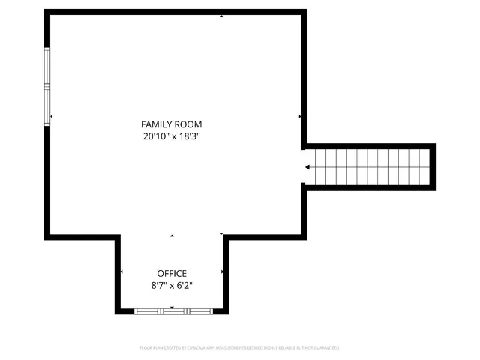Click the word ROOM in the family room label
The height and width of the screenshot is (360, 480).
[x=188, y=124]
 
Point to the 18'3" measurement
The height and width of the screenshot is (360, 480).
[x=190, y=136]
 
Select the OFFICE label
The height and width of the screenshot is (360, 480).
[x=172, y=274]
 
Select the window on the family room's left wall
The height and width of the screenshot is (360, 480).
[x=47, y=85]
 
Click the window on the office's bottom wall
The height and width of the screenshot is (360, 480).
[x=172, y=310]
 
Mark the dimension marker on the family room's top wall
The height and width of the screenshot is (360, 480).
[x=221, y=16]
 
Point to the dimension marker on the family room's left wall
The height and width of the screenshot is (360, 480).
[x=52, y=117]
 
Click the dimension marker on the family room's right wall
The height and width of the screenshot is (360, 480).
[x=300, y=117]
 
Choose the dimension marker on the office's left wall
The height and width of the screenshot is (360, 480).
[x=121, y=271]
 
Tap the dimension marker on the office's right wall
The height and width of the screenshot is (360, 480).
[x=222, y=271]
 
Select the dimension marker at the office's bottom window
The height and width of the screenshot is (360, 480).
[x=172, y=307]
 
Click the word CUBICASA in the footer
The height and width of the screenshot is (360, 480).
[x=197, y=348]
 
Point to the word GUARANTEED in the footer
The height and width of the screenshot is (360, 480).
[x=325, y=348]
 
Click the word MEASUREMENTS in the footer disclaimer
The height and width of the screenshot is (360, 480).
[x=232, y=348]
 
